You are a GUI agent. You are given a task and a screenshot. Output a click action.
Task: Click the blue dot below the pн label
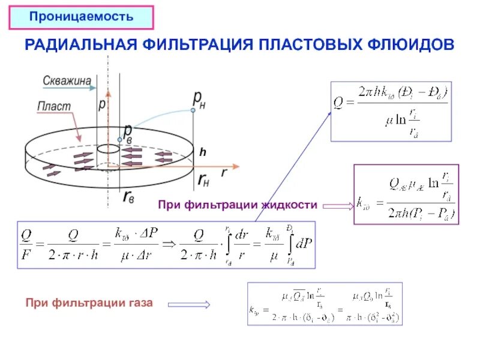pyautogui.click(x=193, y=110)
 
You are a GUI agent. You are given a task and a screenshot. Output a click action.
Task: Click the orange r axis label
pyautogui.click(x=224, y=172)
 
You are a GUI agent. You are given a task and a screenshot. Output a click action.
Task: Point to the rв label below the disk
pyautogui.click(x=128, y=196)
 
